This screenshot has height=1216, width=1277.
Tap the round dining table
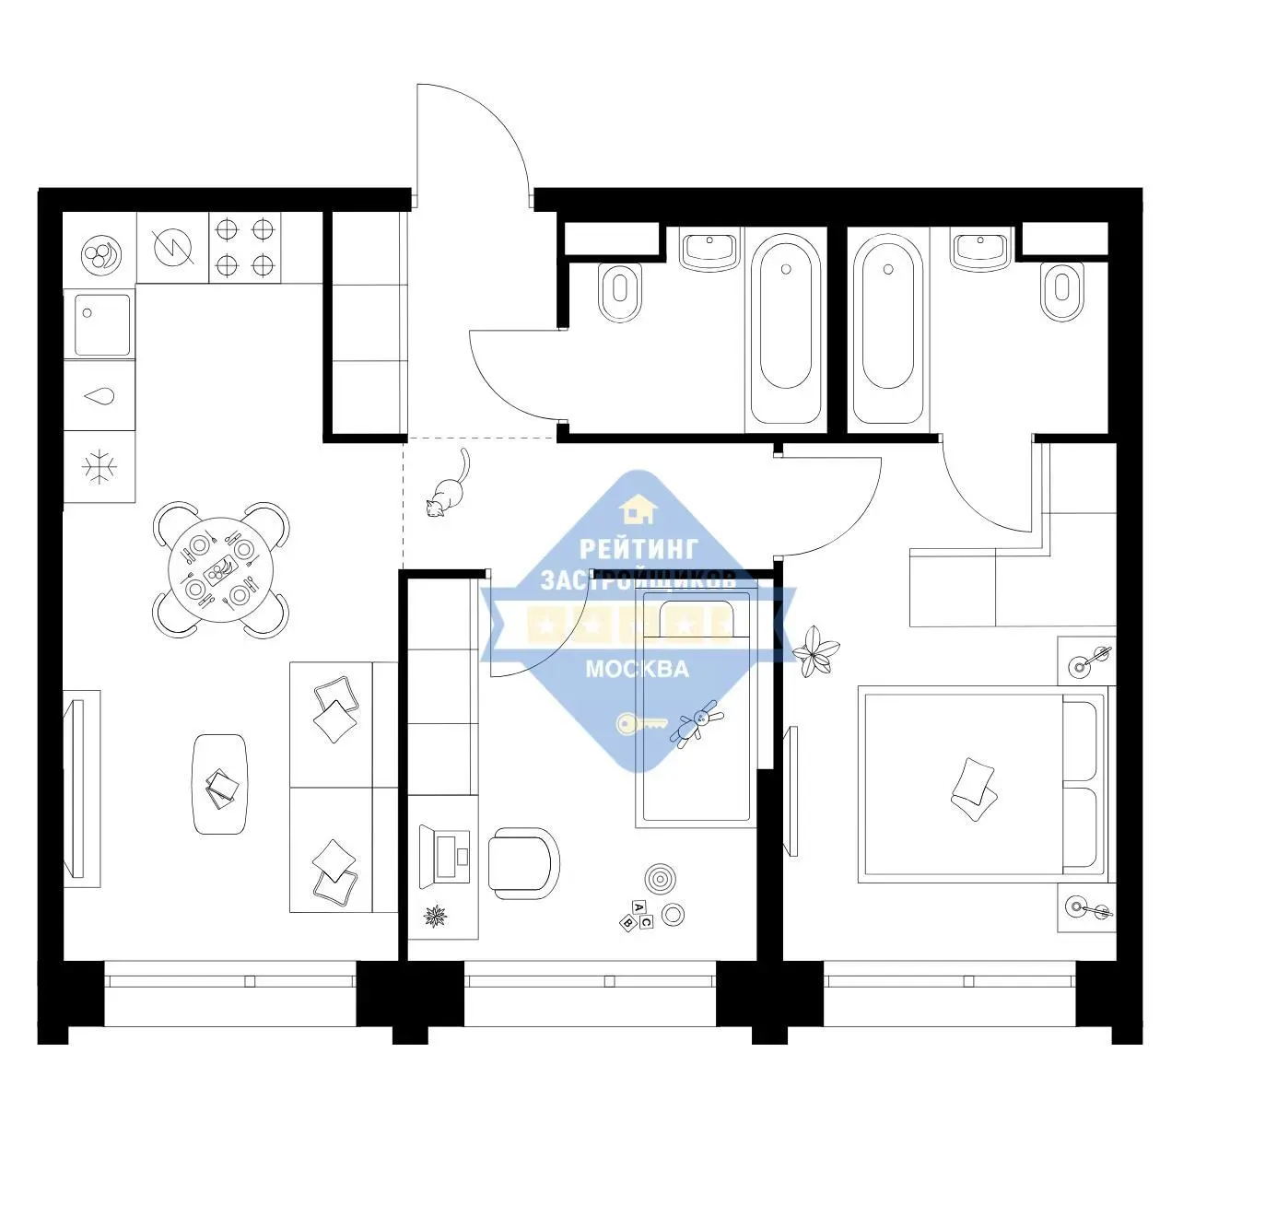(x=221, y=569)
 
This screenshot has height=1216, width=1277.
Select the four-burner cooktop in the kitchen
(x=245, y=248)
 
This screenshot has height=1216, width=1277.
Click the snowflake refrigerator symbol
(x=100, y=466)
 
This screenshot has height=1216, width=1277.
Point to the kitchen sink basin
(x=102, y=325)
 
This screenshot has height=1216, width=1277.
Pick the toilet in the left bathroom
(x=620, y=292)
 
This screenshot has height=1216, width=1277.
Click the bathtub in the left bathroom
(x=785, y=329)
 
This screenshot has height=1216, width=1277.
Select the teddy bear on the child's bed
(x=697, y=724)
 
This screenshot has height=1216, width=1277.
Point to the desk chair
(x=523, y=863)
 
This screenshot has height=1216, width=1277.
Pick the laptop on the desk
(x=445, y=856)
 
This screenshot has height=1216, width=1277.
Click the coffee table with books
(x=220, y=784)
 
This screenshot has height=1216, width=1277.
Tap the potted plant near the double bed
(x=815, y=651)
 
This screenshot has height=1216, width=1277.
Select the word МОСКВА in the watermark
(x=638, y=669)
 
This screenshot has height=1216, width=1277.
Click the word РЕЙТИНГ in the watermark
(x=638, y=549)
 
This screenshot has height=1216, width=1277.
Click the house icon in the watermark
(x=638, y=509)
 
